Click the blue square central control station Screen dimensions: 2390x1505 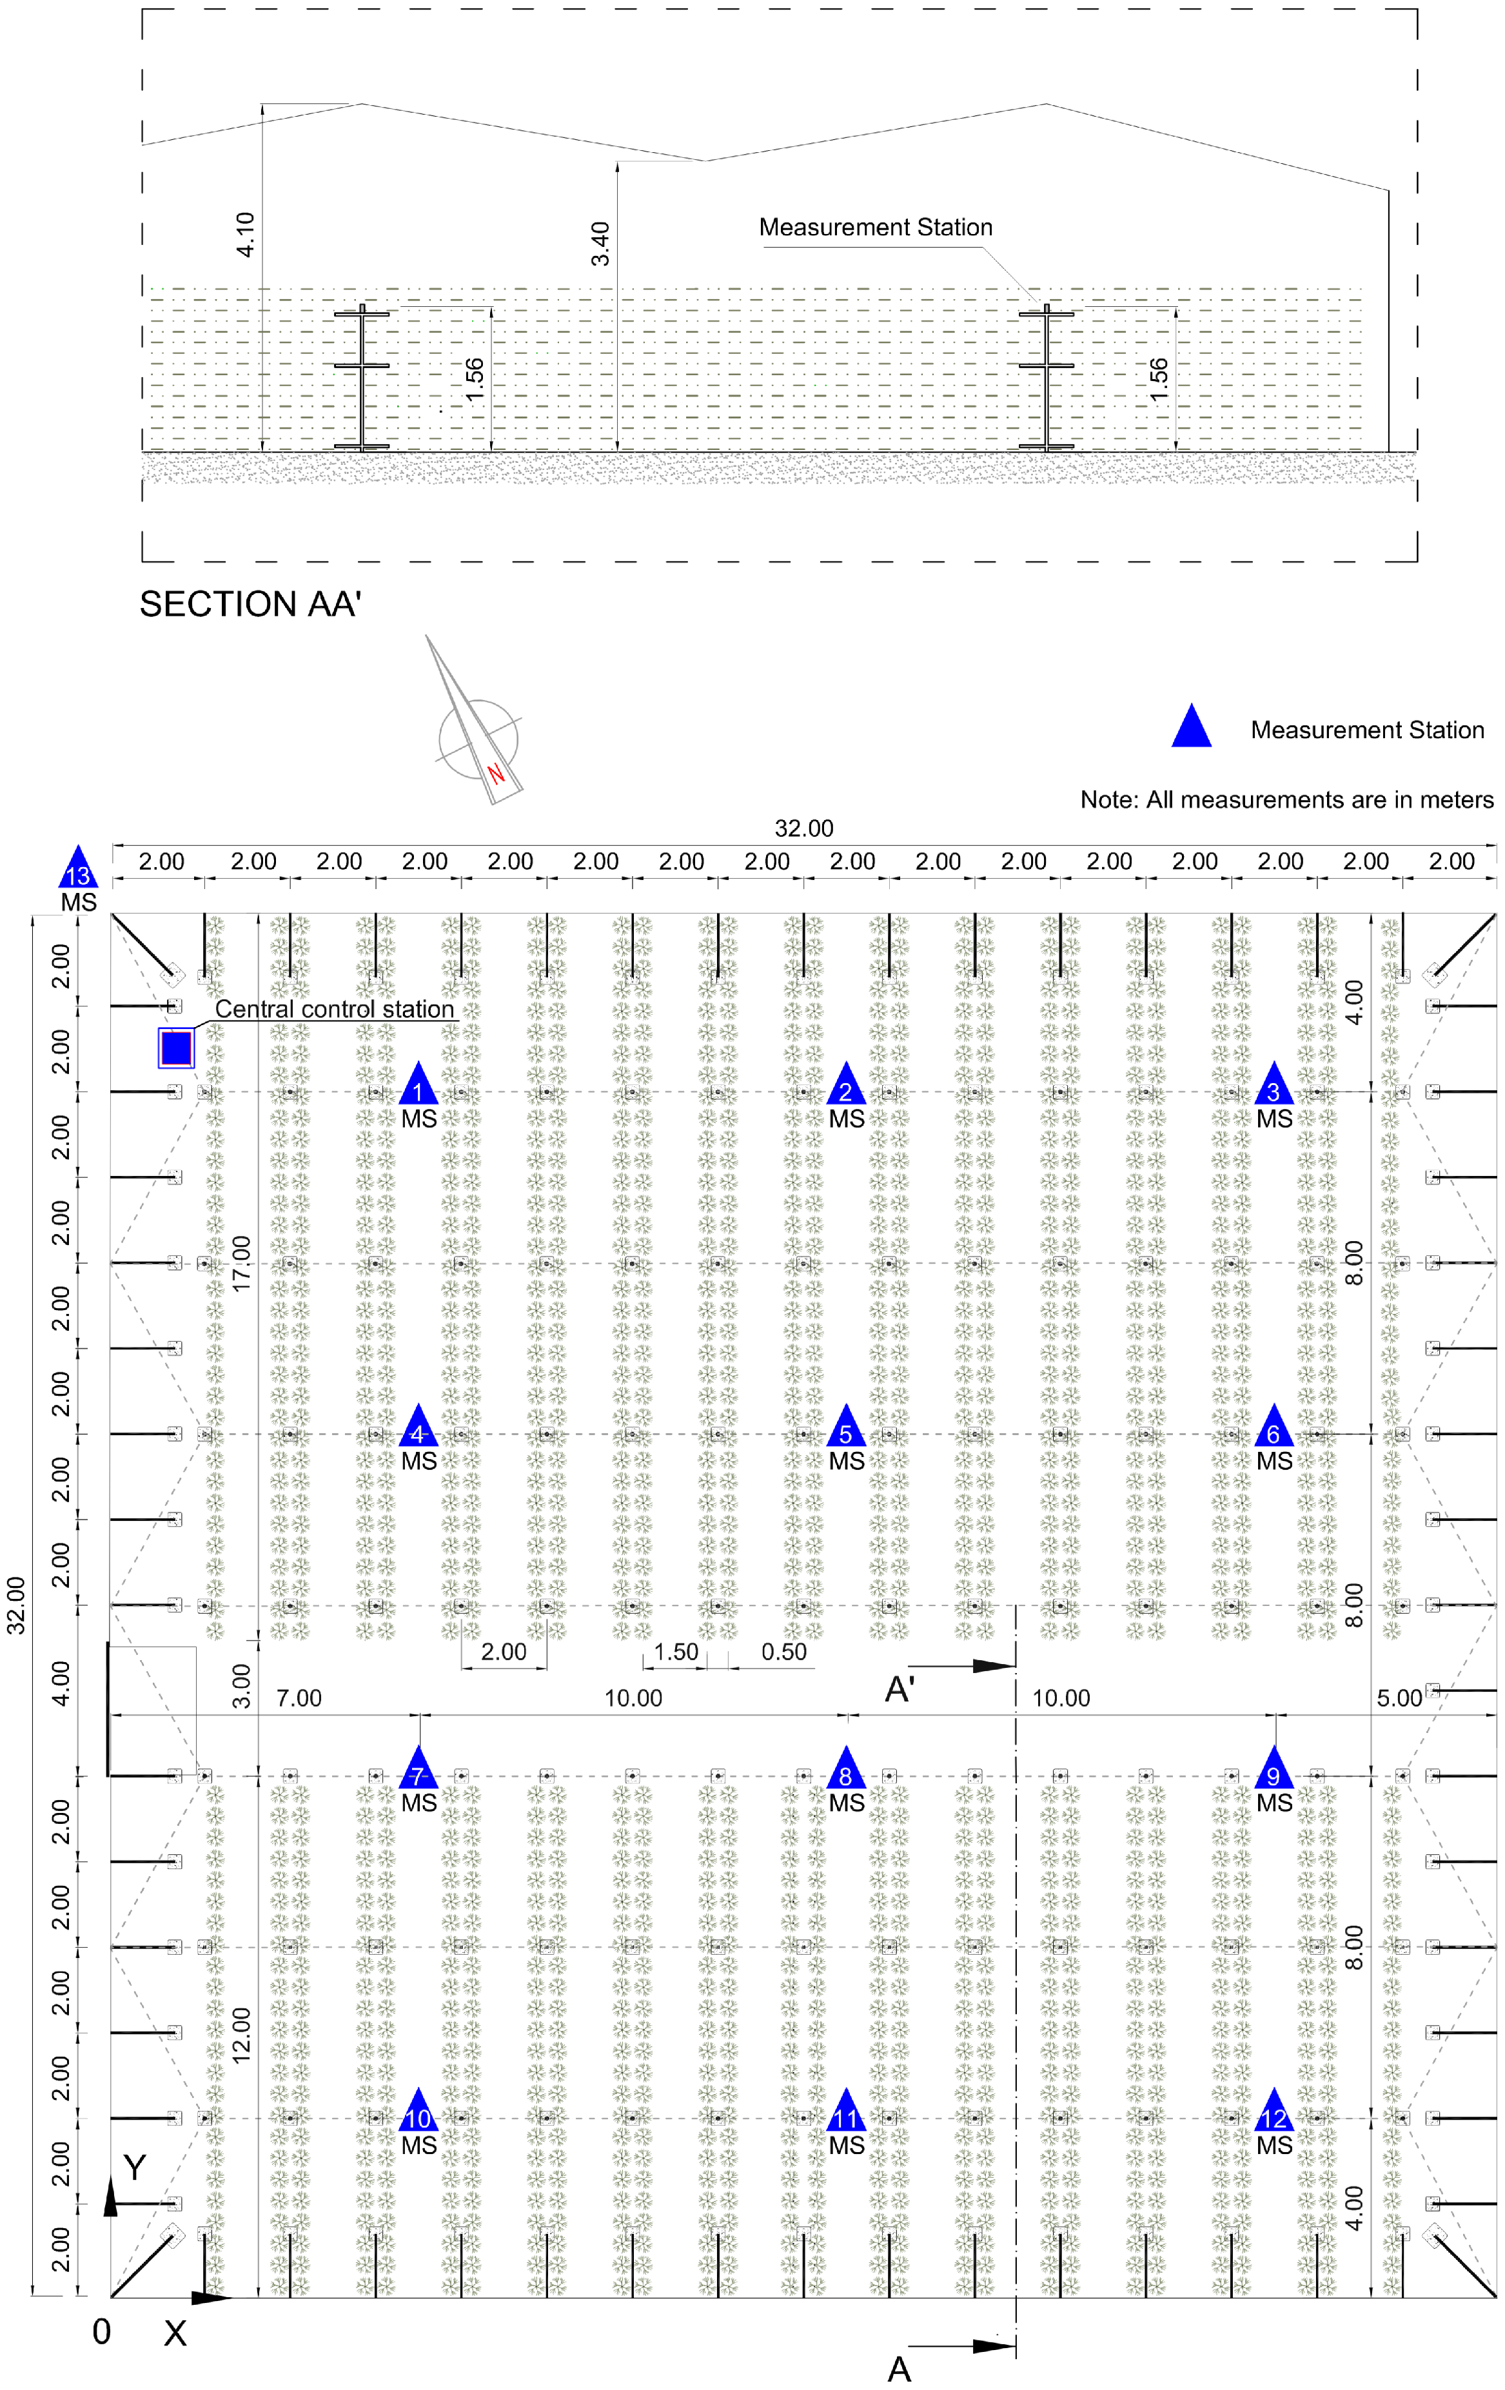pos(177,1047)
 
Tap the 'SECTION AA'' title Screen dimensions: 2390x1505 pos(250,603)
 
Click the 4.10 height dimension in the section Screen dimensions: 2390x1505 pos(245,233)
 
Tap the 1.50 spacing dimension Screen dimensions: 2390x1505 pos(676,1652)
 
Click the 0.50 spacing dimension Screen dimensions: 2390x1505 pos(783,1652)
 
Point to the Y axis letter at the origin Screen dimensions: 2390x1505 pos(134,2168)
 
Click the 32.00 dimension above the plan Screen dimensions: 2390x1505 pos(803,828)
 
